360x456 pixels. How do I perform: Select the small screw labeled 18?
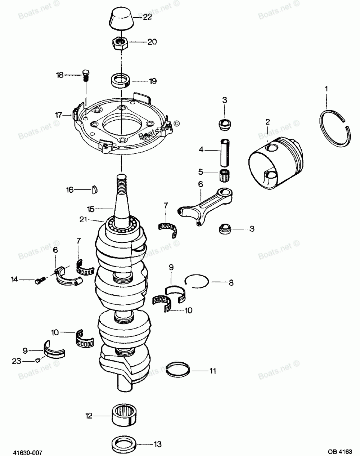86,75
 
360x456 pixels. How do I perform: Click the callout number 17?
59,115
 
